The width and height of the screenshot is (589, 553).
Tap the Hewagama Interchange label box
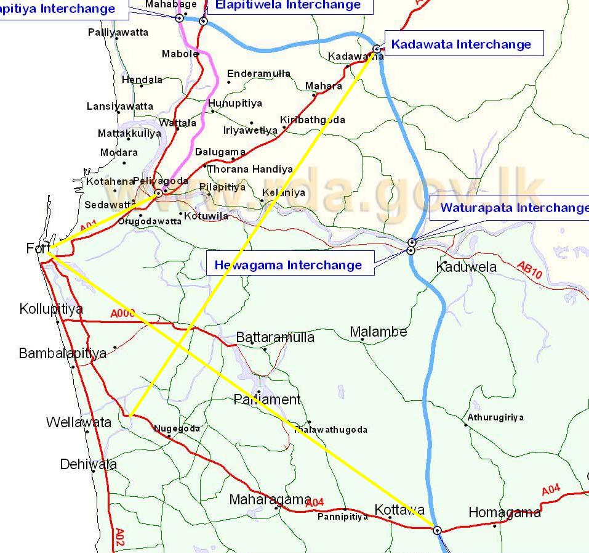tap(288, 265)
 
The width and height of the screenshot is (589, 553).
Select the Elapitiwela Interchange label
tap(288, 6)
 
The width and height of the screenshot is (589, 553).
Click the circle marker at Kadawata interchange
tap(377, 49)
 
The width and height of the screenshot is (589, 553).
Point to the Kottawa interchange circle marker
tap(437, 530)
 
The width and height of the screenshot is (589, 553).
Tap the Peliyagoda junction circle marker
tap(158, 193)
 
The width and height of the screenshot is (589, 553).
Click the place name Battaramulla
tap(275, 337)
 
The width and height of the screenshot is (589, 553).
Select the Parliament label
tap(267, 399)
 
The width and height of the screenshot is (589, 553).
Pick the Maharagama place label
tap(270, 499)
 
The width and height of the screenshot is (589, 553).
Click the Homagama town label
tap(505, 512)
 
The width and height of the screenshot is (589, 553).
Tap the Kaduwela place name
tap(466, 267)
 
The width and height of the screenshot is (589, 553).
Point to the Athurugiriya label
tap(495, 417)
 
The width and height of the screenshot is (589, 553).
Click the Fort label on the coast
tap(37, 248)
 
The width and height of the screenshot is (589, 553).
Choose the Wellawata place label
tap(79, 422)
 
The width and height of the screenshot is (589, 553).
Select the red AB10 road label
tap(529, 270)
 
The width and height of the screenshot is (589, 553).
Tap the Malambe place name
tap(379, 332)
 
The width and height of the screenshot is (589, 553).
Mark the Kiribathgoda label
tap(313, 120)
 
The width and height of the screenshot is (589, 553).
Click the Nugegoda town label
tap(177, 428)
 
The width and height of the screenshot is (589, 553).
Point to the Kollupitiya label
tap(51, 308)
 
